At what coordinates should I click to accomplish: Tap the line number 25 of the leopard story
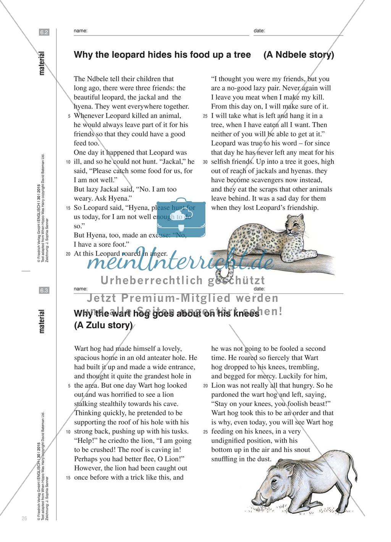205,116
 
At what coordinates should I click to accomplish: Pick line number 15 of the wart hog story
68,477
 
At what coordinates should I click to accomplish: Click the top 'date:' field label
259,31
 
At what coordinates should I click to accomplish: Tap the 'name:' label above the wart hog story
81,289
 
